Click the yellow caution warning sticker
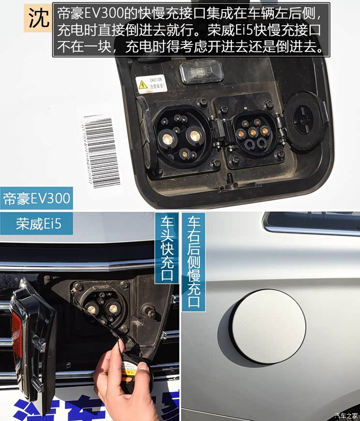[x=151, y=84]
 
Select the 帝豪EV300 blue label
[x=36, y=198]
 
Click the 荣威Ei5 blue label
[x=36, y=224]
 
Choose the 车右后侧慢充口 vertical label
[x=193, y=261]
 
